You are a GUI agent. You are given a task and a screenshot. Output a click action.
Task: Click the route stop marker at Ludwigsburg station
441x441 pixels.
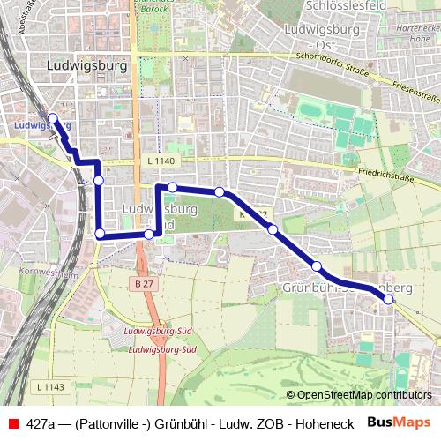pyautogui.click(x=52, y=118)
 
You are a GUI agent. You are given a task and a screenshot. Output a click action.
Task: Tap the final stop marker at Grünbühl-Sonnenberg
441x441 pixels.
pyautogui.click(x=389, y=300)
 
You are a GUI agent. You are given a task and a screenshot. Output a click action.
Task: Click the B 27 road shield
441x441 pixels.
pyautogui.click(x=145, y=283)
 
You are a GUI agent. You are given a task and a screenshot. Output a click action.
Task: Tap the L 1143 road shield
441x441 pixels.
pyautogui.click(x=52, y=386)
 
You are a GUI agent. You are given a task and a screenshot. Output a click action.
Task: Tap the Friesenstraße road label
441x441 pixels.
pyautogui.click(x=414, y=92)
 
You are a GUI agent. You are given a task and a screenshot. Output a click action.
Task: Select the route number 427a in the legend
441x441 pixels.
pyautogui.click(x=42, y=422)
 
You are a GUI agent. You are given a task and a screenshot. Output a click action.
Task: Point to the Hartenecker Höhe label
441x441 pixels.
pyautogui.click(x=415, y=34)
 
